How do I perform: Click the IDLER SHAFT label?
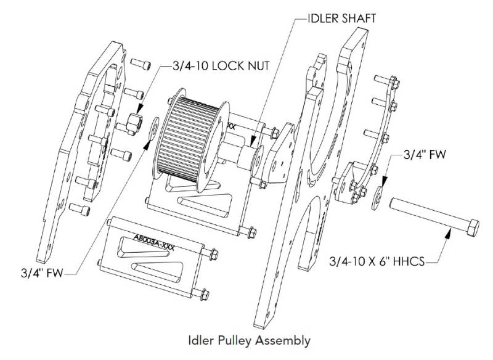pos(341,18)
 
